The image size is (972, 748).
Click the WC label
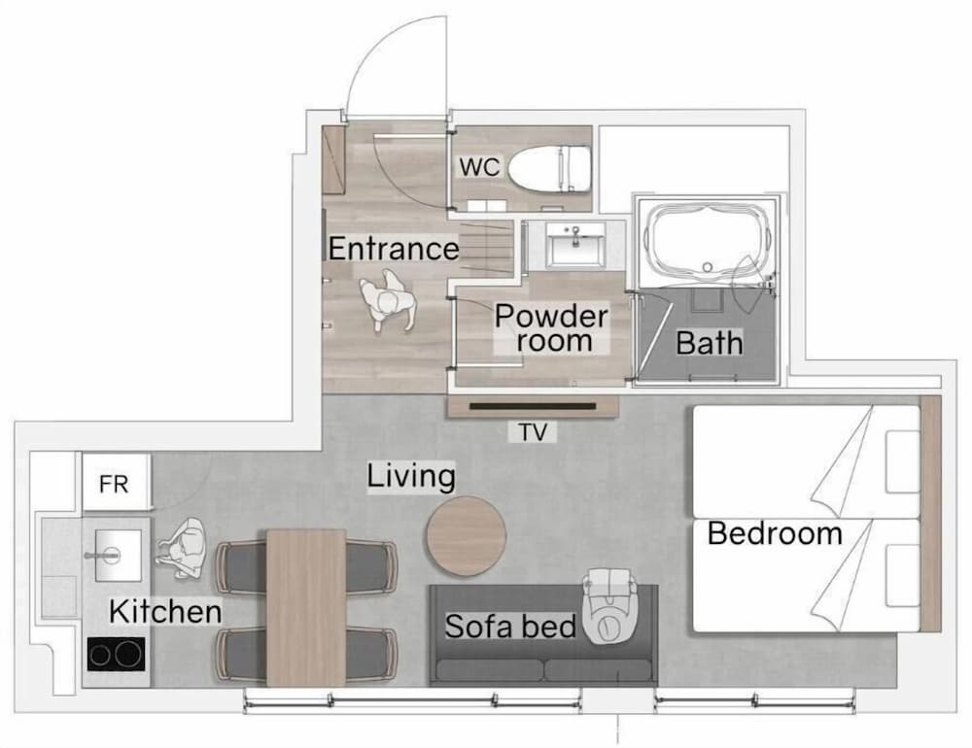pyautogui.click(x=479, y=167)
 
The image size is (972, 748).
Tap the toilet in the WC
pyautogui.click(x=548, y=168)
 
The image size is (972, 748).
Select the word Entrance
pyautogui.click(x=394, y=249)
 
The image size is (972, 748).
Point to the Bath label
pyautogui.click(x=710, y=343)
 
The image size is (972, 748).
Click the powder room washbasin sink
pyautogui.click(x=575, y=246)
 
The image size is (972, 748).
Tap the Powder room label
pyautogui.click(x=551, y=328)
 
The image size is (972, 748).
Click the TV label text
pyautogui.click(x=533, y=432)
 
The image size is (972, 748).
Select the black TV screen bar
pyautogui.click(x=533, y=406)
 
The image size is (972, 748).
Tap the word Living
pyautogui.click(x=411, y=477)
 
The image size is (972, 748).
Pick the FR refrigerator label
pyautogui.click(x=114, y=484)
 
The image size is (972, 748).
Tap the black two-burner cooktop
pyautogui.click(x=116, y=654)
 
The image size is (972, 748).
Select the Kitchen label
pyautogui.click(x=165, y=612)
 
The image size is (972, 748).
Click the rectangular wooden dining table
pyautogui.click(x=306, y=608)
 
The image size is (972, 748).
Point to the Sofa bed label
pyautogui.click(x=511, y=626)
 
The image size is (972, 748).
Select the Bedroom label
pyautogui.click(x=775, y=533)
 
